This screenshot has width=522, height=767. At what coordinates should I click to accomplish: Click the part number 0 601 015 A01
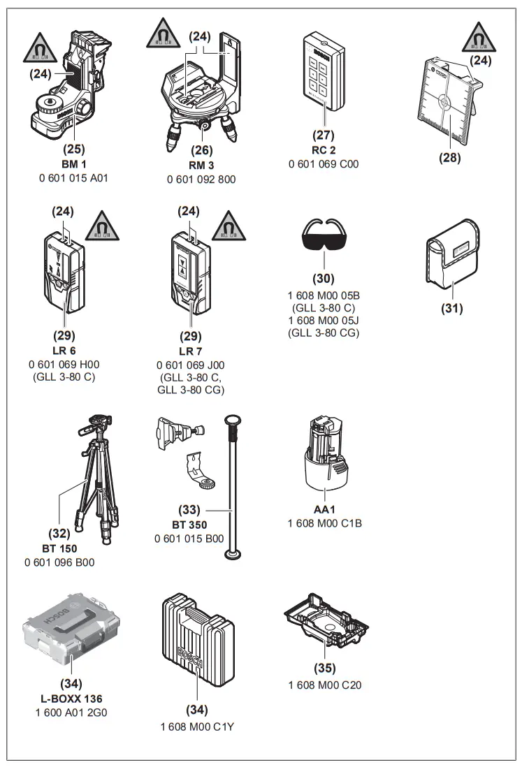(73, 178)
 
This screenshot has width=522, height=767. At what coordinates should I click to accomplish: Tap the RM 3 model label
(201, 166)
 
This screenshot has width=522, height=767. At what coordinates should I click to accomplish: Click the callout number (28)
(449, 157)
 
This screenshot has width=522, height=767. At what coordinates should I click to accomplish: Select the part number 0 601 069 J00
(191, 365)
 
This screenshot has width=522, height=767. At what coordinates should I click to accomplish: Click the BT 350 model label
(189, 525)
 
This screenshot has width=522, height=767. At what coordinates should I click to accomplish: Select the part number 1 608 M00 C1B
(324, 523)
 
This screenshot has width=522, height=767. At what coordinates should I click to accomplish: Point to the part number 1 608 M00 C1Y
(196, 726)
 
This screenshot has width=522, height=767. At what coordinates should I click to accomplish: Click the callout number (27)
(324, 136)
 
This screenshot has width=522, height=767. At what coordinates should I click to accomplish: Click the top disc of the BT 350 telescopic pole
(233, 420)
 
